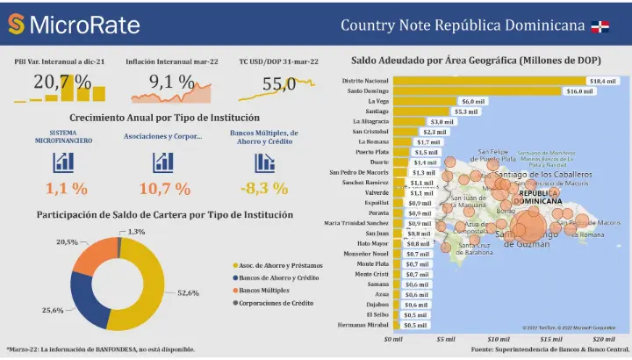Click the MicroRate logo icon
click(16, 25)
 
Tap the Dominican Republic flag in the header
click(601, 25)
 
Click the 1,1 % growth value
click(66, 188)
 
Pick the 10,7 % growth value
click(164, 188)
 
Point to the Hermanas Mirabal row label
click(366, 324)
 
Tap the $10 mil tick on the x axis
click(499, 338)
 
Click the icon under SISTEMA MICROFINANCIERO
click(63, 162)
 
